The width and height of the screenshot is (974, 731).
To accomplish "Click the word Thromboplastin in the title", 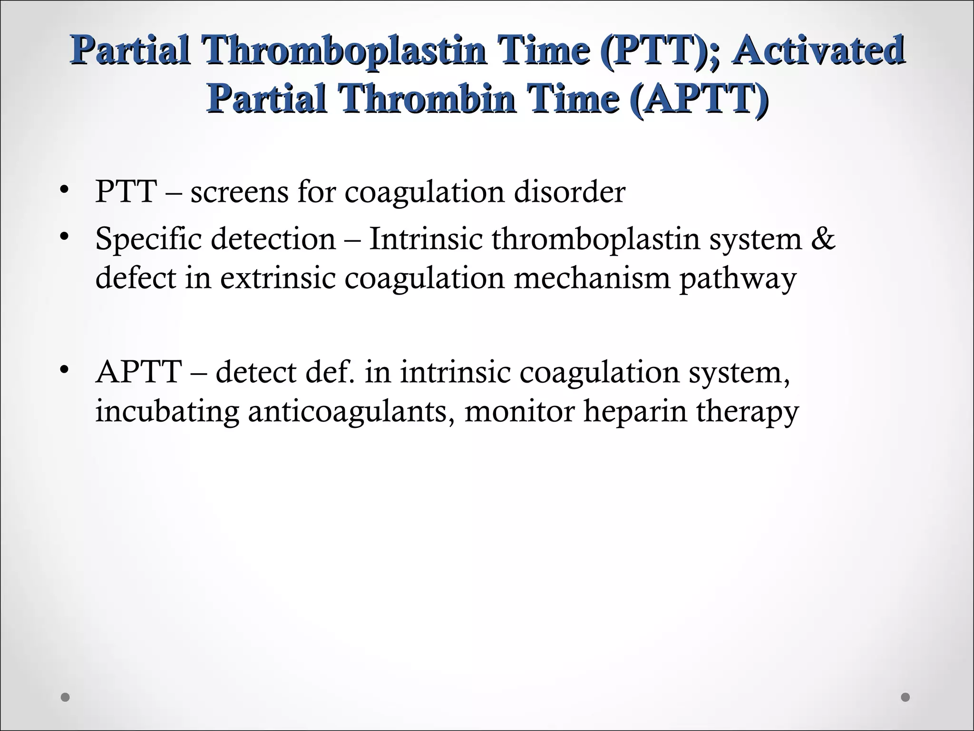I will click(x=343, y=51).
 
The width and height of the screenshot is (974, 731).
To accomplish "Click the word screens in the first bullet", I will click(x=239, y=192).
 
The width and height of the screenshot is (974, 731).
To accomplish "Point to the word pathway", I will click(x=737, y=278).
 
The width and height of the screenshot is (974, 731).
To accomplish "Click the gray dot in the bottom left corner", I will click(x=66, y=697).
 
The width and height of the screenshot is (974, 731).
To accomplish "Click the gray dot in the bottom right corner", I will click(x=906, y=697).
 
